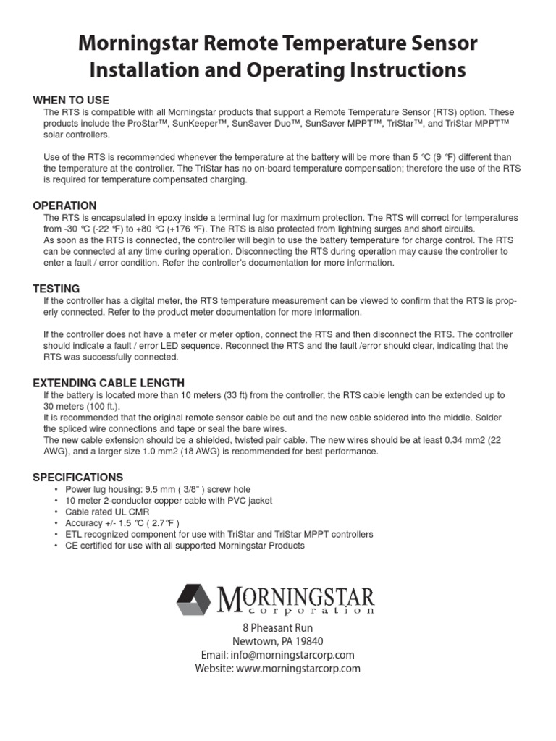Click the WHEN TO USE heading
(71, 100)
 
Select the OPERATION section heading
(64, 206)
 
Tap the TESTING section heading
(56, 289)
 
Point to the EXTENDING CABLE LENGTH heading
(109, 383)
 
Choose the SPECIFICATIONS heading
(78, 477)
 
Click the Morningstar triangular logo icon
(194, 599)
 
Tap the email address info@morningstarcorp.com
(277, 655)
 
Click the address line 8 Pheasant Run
(277, 628)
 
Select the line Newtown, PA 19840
(277, 641)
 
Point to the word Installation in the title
(146, 70)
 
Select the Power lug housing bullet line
(157, 489)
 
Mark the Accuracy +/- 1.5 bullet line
(122, 522)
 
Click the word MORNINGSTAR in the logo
(295, 598)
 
